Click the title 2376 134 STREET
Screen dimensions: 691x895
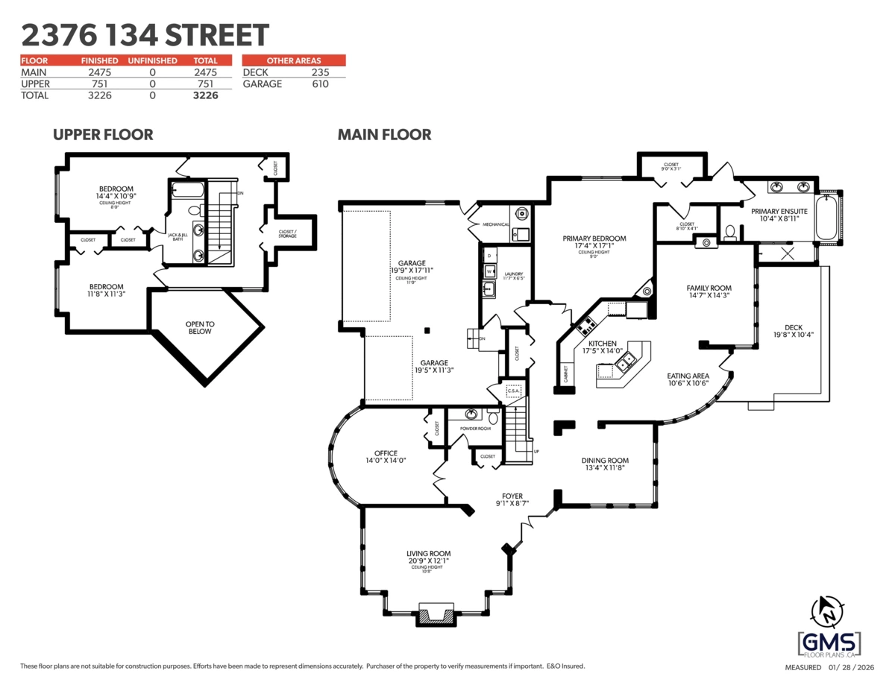coord(145,35)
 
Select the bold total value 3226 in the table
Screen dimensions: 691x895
coord(205,95)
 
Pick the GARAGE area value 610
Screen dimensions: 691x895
coord(320,84)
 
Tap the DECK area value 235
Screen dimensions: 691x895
coord(320,72)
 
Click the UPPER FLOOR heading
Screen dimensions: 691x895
coord(103,135)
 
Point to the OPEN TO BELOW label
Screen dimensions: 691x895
coord(200,328)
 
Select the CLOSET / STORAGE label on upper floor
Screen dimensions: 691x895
coord(287,234)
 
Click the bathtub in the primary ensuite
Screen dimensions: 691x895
coord(826,218)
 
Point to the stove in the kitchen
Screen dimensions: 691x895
coord(585,325)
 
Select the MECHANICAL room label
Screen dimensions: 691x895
coord(495,224)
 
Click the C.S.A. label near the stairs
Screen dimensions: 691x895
coord(512,391)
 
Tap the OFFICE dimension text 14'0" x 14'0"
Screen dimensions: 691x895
coord(386,461)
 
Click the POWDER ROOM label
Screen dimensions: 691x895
coord(474,429)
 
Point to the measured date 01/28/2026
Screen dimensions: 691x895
coord(851,668)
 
